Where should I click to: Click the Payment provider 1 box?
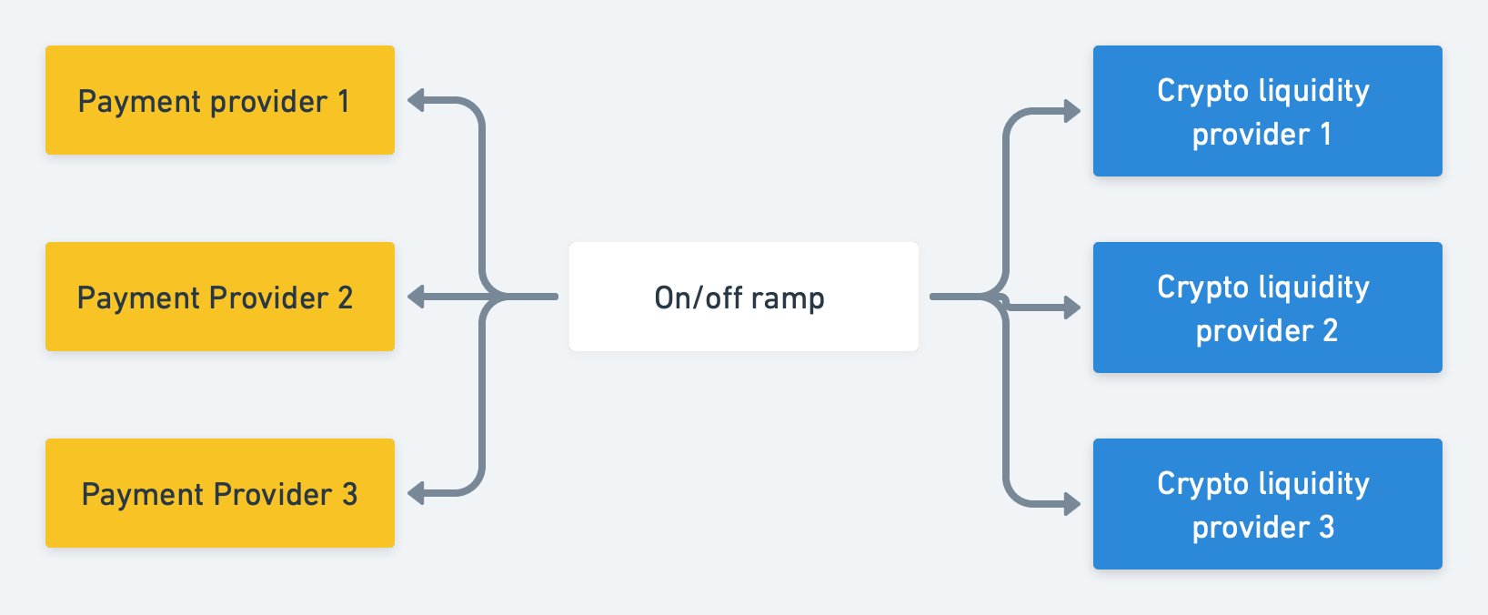coord(219,100)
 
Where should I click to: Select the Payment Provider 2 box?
coord(219,297)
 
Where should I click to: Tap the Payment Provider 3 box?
coord(219,493)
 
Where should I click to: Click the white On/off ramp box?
coord(743,297)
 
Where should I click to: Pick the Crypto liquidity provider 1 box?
coord(1267,111)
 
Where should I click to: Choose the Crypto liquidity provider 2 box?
coord(1267,307)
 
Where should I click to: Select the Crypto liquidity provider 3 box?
coord(1267,504)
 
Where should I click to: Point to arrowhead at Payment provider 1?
coord(417,100)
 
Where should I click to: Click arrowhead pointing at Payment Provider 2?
coord(417,297)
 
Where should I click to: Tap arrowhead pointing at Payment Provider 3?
coord(417,493)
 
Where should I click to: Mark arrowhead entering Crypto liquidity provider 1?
coord(1071,112)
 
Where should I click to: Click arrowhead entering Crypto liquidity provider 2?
coord(1071,308)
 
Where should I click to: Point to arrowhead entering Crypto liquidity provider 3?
coord(1071,504)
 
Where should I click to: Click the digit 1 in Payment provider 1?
coord(344,101)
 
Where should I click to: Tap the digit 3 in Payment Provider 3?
coord(349,494)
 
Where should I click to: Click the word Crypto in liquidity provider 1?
coord(1202,91)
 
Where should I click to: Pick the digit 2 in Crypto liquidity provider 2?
coord(1330,330)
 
